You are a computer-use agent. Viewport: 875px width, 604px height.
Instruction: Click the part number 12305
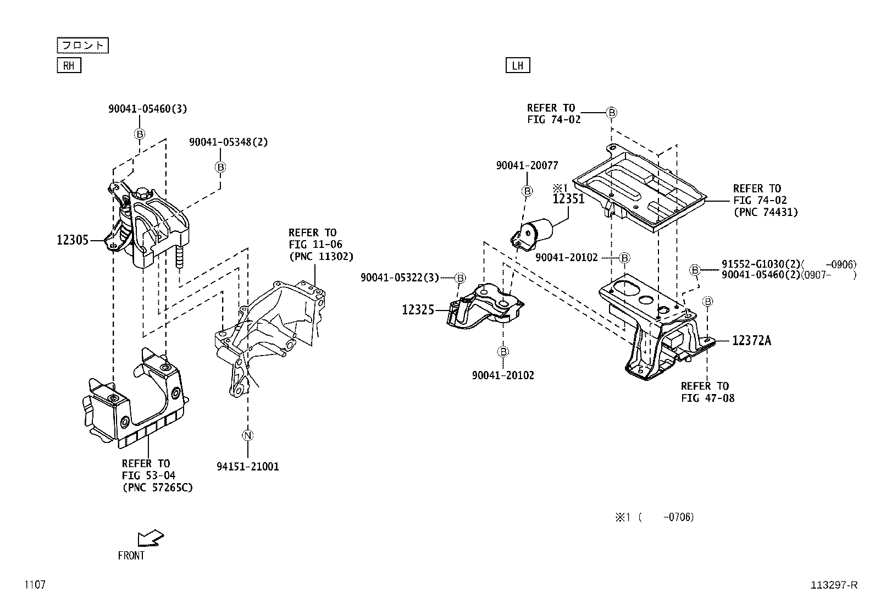[73, 240]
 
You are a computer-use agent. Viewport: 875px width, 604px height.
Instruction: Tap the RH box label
[69, 66]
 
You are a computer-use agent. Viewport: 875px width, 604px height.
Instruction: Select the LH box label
[517, 66]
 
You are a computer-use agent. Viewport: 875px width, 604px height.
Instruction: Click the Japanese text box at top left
[82, 45]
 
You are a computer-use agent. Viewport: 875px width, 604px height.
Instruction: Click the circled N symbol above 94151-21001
[247, 436]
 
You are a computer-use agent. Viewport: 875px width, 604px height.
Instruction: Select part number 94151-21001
[247, 467]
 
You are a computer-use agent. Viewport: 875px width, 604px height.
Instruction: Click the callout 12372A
[751, 341]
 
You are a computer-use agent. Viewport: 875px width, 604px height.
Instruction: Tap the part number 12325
[418, 310]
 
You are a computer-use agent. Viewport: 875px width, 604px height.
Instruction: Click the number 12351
[568, 199]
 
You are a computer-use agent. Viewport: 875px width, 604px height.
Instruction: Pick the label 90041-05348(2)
[228, 142]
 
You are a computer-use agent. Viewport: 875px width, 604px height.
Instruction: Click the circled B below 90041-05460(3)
[140, 134]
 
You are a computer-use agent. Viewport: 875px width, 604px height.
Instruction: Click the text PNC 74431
[765, 212]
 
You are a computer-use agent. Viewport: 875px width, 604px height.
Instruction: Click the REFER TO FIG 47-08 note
[707, 392]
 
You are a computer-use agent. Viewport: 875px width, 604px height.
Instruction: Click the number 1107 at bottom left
[34, 585]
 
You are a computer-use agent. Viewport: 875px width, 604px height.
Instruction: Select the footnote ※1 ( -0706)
[654, 517]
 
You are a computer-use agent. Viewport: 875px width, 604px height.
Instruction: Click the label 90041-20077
[527, 165]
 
